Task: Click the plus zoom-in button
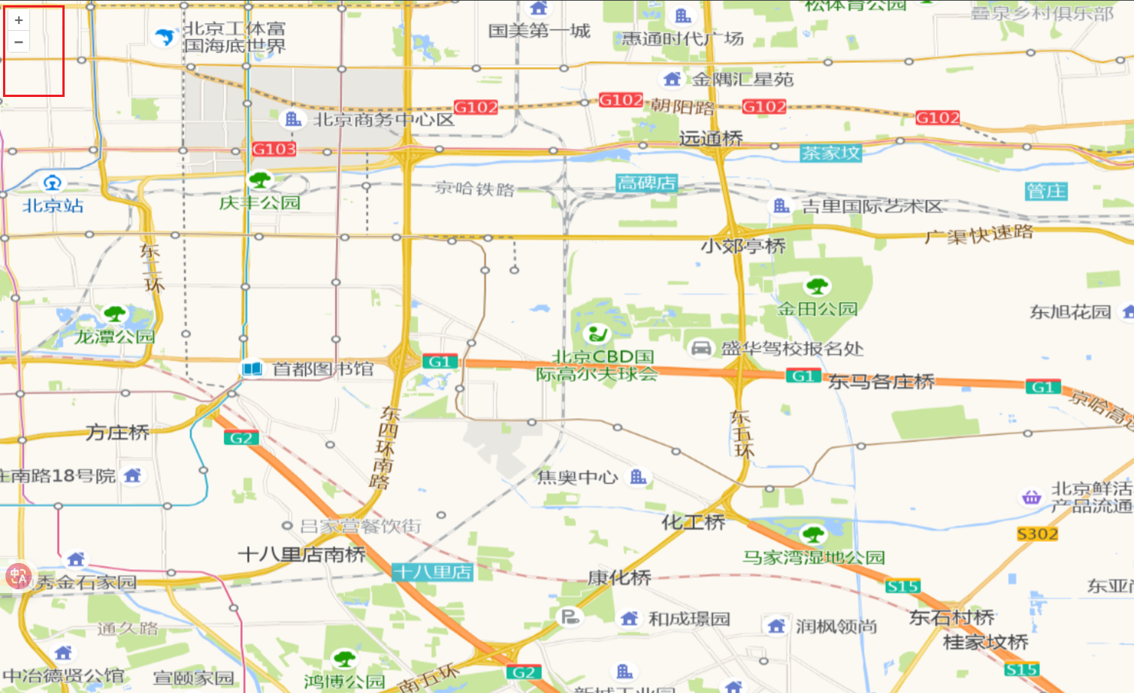19,20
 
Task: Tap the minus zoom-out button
19,42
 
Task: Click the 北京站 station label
53,205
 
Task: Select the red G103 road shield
274,149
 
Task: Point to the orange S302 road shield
1037,534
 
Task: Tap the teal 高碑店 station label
646,183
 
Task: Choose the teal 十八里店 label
433,572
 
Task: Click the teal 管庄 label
1046,191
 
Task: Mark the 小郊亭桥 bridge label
742,246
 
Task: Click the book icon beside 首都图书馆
253,369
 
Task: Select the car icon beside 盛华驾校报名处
701,348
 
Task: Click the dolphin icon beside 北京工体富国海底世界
164,37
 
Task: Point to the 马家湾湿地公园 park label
814,557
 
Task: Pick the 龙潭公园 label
114,336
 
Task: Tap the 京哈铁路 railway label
475,188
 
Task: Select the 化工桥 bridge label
693,522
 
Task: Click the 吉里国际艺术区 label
872,206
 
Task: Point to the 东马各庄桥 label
881,382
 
